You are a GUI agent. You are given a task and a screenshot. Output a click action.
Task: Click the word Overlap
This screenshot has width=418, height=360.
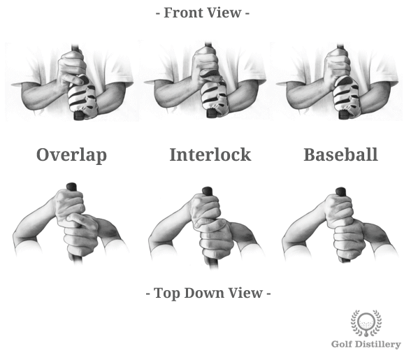pyautogui.click(x=71, y=155)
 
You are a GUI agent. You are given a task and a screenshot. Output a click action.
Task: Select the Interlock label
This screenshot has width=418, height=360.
pyautogui.click(x=210, y=154)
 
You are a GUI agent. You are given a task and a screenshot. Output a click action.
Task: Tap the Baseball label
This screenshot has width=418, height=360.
pyautogui.click(x=340, y=154)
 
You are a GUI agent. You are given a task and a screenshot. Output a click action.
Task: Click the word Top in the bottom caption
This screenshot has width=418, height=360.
pyautogui.click(x=168, y=294)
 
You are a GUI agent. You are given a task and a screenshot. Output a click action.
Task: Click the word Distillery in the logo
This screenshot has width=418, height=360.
pyautogui.click(x=379, y=344)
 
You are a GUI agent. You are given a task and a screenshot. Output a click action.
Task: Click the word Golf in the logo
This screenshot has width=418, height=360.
pyautogui.click(x=343, y=344)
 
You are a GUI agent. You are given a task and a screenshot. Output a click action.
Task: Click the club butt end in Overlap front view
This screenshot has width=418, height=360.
pyautogui.click(x=79, y=116)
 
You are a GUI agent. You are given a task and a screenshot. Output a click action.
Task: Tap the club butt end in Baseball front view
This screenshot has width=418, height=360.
pyautogui.click(x=344, y=115)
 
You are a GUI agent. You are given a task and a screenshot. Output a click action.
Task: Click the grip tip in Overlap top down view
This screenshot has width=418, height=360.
pyautogui.click(x=71, y=187)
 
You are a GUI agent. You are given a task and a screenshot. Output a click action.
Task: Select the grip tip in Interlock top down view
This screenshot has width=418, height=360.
pyautogui.click(x=208, y=190)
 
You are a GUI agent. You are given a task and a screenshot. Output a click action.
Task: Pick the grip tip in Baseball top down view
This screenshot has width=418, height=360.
pyautogui.click(x=340, y=192)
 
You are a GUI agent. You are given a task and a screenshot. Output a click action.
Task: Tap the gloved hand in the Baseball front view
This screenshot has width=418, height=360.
pyautogui.click(x=347, y=96)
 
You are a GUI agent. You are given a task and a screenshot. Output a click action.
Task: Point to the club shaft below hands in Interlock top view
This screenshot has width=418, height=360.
pyautogui.click(x=211, y=263)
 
